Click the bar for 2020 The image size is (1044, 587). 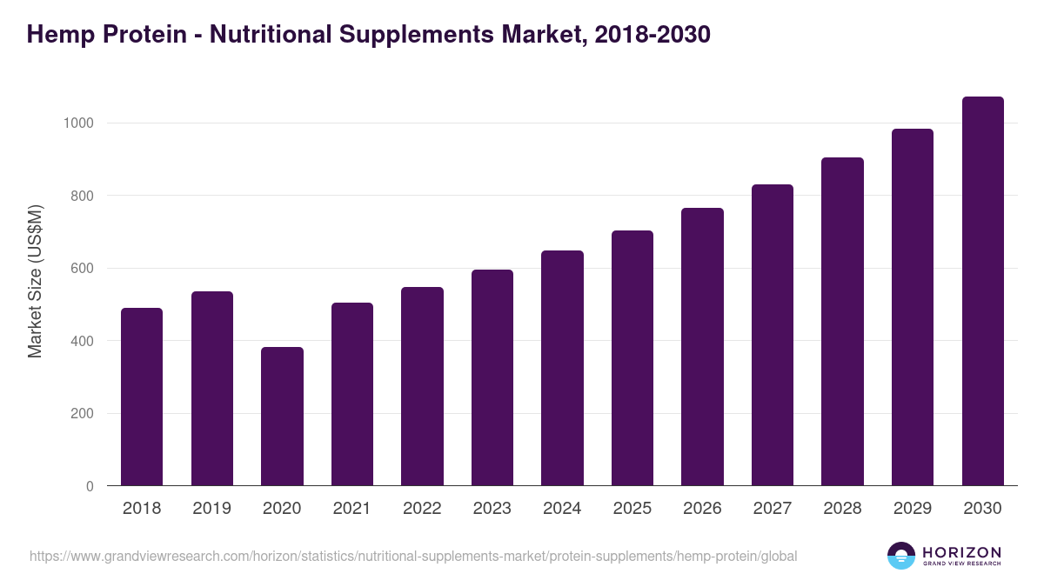[x=282, y=417]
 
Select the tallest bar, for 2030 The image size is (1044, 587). [x=982, y=291]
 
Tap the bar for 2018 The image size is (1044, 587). [x=142, y=397]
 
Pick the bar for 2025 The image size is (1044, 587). [x=632, y=358]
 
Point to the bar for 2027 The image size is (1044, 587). [x=773, y=335]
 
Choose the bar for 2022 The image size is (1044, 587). [x=422, y=386]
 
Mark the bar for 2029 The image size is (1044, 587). [x=913, y=307]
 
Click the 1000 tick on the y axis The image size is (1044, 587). [x=78, y=123]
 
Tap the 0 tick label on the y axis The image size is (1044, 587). [x=90, y=486]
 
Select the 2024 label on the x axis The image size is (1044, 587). [x=562, y=509]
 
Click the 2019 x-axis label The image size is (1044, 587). [x=211, y=509]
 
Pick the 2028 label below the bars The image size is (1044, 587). [x=842, y=509]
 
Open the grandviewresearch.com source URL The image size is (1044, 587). [x=413, y=556]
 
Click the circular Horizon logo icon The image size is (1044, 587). [x=901, y=556]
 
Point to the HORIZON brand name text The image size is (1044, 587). [x=962, y=551]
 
